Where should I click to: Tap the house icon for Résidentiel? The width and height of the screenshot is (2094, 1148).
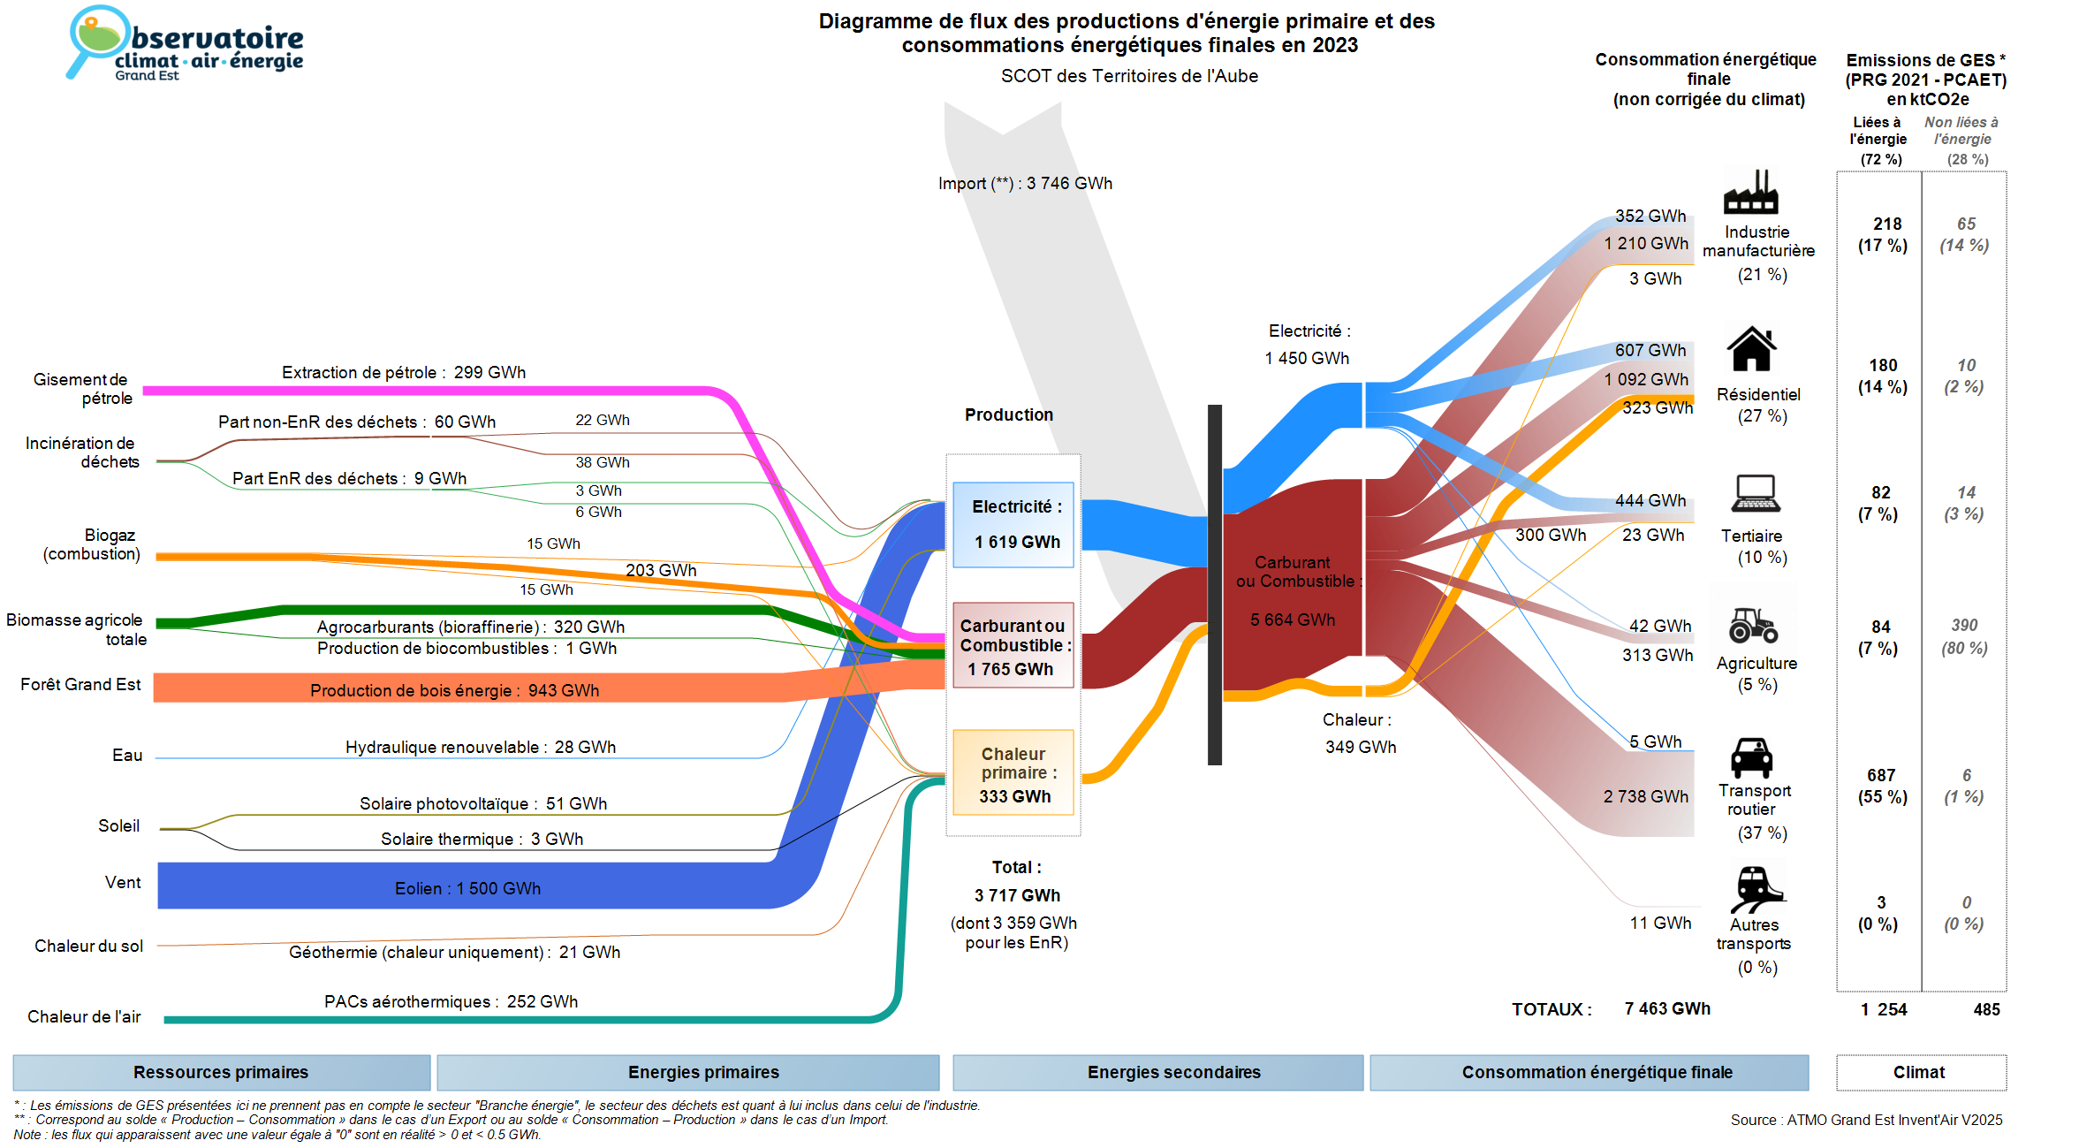tap(1751, 349)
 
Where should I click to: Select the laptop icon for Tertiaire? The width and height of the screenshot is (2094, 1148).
tap(1756, 493)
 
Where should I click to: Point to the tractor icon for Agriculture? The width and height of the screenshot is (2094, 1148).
tap(1753, 625)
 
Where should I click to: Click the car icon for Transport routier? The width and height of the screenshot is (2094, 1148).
tap(1751, 757)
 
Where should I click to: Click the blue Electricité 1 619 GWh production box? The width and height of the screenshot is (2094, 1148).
tap(1013, 524)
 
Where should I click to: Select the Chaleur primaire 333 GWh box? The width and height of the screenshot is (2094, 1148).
tap(1013, 773)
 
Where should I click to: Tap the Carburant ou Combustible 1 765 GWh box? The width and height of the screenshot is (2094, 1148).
tap(1013, 646)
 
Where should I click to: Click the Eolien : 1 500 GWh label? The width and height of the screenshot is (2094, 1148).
tap(467, 888)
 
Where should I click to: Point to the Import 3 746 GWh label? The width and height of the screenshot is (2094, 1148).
tap(1025, 183)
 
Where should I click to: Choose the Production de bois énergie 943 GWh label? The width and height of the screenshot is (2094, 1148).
tap(454, 690)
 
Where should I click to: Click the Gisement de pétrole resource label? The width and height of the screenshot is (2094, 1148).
tap(82, 389)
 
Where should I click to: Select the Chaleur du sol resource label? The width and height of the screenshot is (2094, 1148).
tap(88, 946)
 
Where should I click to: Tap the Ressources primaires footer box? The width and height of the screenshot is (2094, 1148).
tap(221, 1072)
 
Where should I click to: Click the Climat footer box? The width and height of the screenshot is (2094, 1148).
tap(1919, 1072)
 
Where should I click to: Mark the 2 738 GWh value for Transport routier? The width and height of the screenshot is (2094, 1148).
tap(1645, 796)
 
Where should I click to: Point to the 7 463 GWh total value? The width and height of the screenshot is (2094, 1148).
tap(1666, 1008)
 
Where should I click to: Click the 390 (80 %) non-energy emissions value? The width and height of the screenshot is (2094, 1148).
tap(1964, 636)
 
